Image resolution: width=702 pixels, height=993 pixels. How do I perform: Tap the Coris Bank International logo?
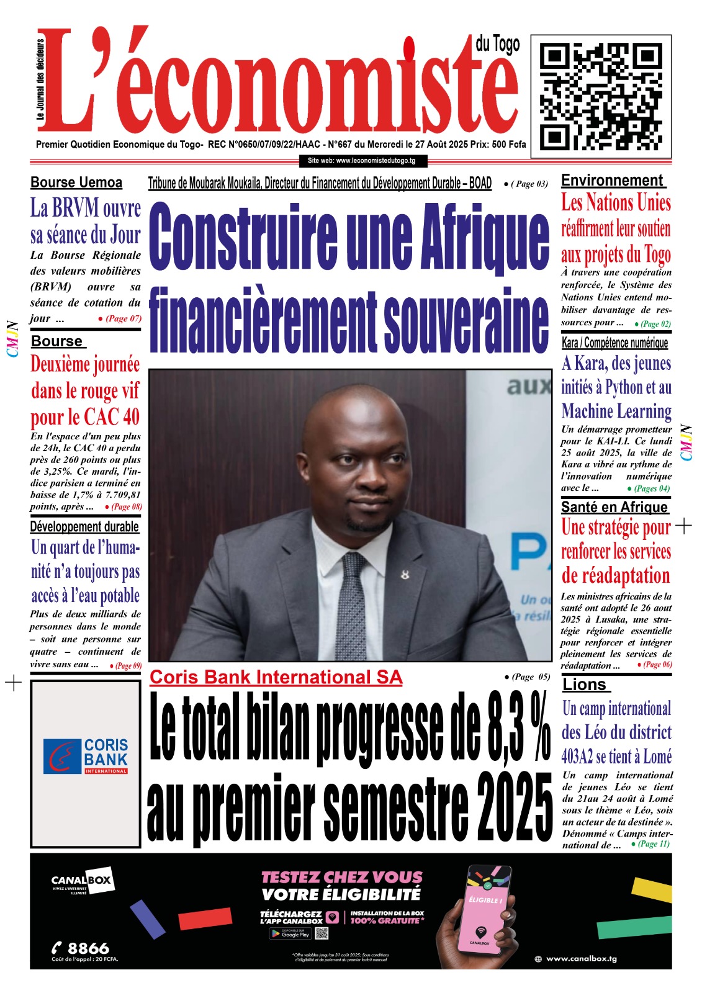pos(86,755)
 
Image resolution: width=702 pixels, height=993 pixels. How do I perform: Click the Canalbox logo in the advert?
pos(81,881)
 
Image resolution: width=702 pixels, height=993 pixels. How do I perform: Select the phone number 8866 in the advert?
pos(88,948)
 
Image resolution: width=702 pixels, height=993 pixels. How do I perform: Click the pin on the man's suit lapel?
pos(405,575)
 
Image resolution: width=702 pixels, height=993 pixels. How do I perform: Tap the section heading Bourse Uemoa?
pos(76,182)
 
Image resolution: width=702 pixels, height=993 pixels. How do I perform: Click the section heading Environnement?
pos(612,181)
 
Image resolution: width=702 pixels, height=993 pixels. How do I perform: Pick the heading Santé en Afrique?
pos(614,507)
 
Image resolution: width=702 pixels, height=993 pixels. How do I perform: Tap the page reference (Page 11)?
pos(654,844)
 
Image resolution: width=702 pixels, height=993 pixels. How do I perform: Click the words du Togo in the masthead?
pos(497,45)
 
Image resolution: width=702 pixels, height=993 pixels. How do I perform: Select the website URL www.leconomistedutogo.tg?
pos(362,161)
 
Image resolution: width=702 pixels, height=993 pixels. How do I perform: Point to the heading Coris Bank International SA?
pos(276,677)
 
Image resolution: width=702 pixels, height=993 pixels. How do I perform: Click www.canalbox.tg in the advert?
pos(580,959)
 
